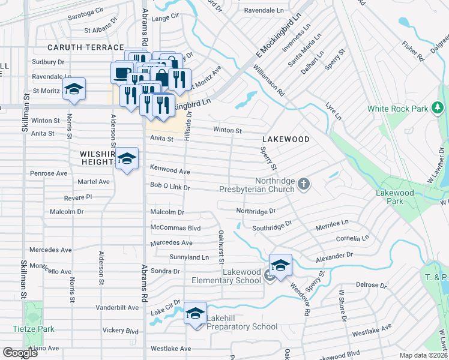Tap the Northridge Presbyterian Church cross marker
pyautogui.click(x=304, y=183)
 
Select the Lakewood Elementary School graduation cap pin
pyautogui.click(x=280, y=264)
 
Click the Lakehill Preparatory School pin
pyautogui.click(x=195, y=313)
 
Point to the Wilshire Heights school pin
pyautogui.click(x=127, y=158)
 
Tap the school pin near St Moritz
pyautogui.click(x=74, y=89)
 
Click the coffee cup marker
pyautogui.click(x=121, y=73)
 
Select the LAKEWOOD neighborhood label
pyautogui.click(x=285, y=139)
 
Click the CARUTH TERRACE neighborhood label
pyautogui.click(x=86, y=47)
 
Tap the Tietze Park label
pyautogui.click(x=34, y=329)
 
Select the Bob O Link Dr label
pyautogui.click(x=170, y=187)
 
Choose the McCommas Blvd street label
pyautogui.click(x=175, y=228)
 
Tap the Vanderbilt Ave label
pyautogui.click(x=119, y=307)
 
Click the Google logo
pyautogui.click(x=20, y=353)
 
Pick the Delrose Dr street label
pyautogui.click(x=371, y=285)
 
